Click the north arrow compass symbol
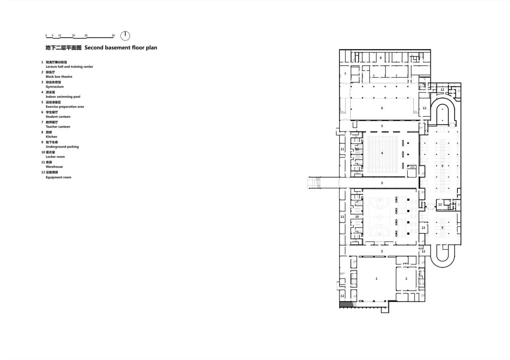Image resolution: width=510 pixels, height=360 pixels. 125,36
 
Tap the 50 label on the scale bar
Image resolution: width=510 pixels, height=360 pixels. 114,35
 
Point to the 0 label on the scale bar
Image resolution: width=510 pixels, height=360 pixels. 46,35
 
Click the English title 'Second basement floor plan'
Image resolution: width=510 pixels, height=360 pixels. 121,47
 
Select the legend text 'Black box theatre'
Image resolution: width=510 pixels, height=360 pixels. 59,76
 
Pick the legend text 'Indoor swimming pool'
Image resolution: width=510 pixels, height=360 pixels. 63,97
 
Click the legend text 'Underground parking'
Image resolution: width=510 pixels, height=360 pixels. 62,147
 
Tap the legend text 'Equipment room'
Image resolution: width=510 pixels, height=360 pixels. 59,177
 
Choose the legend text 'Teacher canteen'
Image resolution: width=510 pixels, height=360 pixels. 58,127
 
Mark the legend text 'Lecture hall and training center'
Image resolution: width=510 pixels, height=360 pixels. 69,67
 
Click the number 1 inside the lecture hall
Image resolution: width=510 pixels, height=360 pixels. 377,279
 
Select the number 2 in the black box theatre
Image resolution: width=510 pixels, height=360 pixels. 406,279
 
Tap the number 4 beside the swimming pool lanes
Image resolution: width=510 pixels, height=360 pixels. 382,153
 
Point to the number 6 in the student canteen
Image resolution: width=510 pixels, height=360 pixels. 382,108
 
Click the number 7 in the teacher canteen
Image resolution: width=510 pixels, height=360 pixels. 345,74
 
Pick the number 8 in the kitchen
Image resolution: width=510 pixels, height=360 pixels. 381,58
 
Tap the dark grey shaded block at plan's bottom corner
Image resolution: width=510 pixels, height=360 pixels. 345,305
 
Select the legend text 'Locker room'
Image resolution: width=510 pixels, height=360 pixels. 55,157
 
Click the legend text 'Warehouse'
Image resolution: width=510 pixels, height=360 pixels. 54,167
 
